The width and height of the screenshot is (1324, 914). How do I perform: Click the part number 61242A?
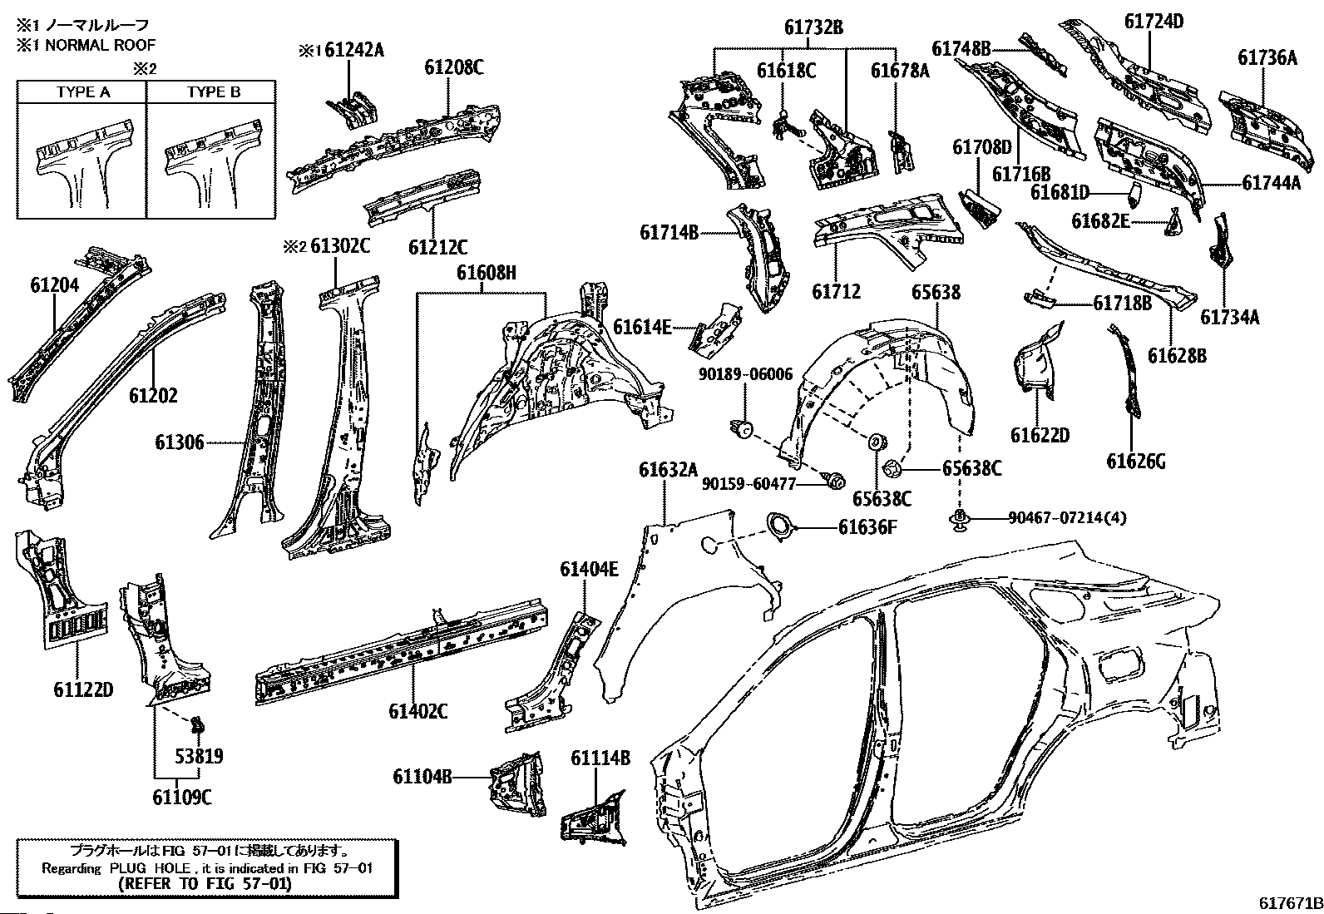click(x=354, y=50)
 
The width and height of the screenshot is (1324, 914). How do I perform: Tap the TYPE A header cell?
click(x=82, y=92)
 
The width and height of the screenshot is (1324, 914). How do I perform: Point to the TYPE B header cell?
click(x=213, y=92)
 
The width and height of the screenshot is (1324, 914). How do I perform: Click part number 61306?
click(x=179, y=443)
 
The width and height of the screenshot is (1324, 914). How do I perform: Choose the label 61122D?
click(x=83, y=689)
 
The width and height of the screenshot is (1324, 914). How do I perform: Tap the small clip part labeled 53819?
click(x=197, y=725)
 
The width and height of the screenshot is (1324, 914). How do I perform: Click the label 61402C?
click(x=418, y=711)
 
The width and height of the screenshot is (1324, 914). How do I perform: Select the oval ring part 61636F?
click(x=780, y=527)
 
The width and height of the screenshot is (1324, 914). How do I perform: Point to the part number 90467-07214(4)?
click(x=1067, y=518)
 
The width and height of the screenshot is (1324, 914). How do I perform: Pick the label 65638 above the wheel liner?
click(x=936, y=292)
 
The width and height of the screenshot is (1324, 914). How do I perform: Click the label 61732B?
click(x=813, y=27)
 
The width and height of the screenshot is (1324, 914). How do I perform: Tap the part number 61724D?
click(x=1154, y=22)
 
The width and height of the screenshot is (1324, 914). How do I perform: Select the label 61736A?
click(x=1267, y=57)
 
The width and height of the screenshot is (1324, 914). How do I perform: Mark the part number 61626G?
click(x=1135, y=460)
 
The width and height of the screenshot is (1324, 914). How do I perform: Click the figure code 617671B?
click(x=1289, y=903)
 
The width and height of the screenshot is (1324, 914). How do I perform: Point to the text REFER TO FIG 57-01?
click(x=205, y=883)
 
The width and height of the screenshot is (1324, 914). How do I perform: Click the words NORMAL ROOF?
click(x=100, y=45)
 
